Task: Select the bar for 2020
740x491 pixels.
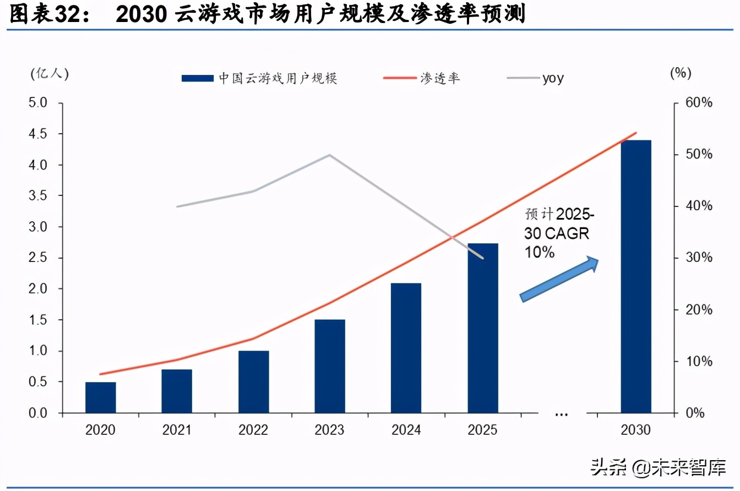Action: click(101, 397)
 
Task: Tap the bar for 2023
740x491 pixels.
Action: click(330, 366)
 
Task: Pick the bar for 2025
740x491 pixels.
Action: click(483, 328)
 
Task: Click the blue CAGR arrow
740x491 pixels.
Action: click(559, 279)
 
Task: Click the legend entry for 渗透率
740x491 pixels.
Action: click(421, 78)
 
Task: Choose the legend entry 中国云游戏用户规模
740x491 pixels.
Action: click(259, 78)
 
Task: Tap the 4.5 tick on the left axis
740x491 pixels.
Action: click(39, 134)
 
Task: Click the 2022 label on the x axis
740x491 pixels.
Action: click(253, 430)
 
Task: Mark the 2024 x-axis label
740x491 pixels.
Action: click(406, 430)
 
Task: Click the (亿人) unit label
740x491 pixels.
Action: click(50, 73)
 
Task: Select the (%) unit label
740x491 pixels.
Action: click(681, 73)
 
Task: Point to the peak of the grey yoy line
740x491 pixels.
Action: click(330, 155)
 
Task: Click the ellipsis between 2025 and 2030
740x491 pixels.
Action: click(560, 414)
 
